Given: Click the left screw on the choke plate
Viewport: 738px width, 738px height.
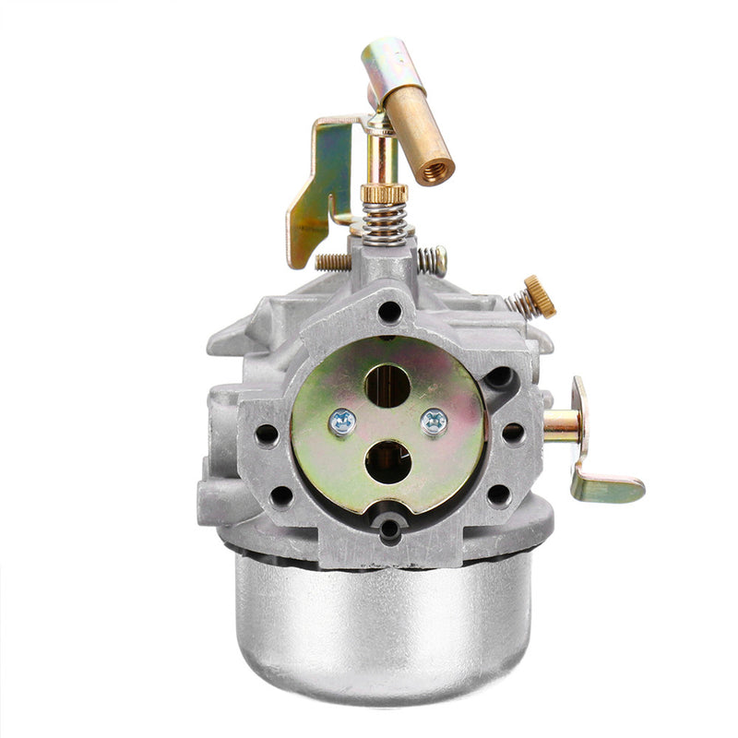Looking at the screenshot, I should (x=342, y=421).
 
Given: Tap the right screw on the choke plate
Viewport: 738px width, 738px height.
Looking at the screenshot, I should (x=433, y=422).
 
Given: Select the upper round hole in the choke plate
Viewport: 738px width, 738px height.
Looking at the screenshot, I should (x=387, y=384).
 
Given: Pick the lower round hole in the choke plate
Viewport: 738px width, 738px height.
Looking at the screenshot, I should (x=387, y=461).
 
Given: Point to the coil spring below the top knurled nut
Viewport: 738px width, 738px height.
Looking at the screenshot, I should (x=385, y=224).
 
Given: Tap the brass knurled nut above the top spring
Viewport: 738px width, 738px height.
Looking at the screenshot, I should (x=384, y=194).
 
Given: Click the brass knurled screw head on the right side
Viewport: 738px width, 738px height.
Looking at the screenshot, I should (x=541, y=296).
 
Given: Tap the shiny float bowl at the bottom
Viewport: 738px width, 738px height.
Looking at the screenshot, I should (x=384, y=618).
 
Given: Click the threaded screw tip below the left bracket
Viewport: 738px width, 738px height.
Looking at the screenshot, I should (x=332, y=261).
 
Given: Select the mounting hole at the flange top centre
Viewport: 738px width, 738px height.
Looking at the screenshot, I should (x=390, y=311).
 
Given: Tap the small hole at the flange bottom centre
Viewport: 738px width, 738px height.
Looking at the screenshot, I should (x=390, y=528).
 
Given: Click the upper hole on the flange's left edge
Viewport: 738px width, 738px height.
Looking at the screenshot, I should (x=268, y=434).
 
